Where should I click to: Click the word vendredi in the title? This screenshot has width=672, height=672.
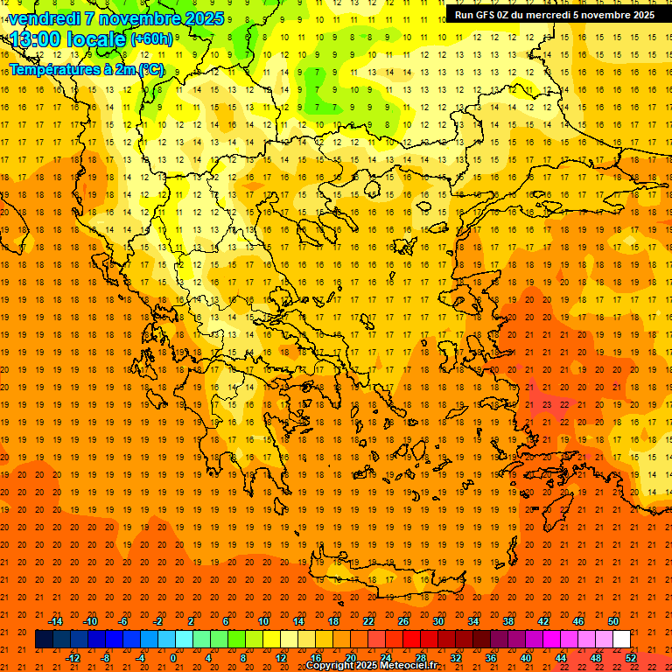click(x=45, y=18)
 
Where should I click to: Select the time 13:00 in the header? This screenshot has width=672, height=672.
click(x=39, y=39)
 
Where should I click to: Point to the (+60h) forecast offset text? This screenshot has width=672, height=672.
click(x=151, y=39)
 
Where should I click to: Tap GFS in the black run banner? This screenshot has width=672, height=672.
click(x=490, y=15)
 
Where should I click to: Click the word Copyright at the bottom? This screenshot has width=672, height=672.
click(x=330, y=666)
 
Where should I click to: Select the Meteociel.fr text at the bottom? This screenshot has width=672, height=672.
click(x=409, y=666)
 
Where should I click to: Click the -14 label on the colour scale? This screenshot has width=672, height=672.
click(x=55, y=621)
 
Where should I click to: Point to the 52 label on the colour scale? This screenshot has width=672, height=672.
click(x=631, y=658)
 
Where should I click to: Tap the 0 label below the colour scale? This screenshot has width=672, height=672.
click(x=172, y=658)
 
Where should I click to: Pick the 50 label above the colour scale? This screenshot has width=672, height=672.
click(x=613, y=621)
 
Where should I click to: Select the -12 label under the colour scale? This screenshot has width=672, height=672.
click(x=73, y=658)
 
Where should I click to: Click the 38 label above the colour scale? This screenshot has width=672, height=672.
click(x=508, y=621)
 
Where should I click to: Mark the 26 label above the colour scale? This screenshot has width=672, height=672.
click(x=403, y=621)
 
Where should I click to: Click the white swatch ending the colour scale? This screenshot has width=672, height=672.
click(x=621, y=639)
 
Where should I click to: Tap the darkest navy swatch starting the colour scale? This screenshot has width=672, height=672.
click(x=44, y=639)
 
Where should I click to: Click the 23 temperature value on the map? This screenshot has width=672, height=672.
click(x=546, y=404)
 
